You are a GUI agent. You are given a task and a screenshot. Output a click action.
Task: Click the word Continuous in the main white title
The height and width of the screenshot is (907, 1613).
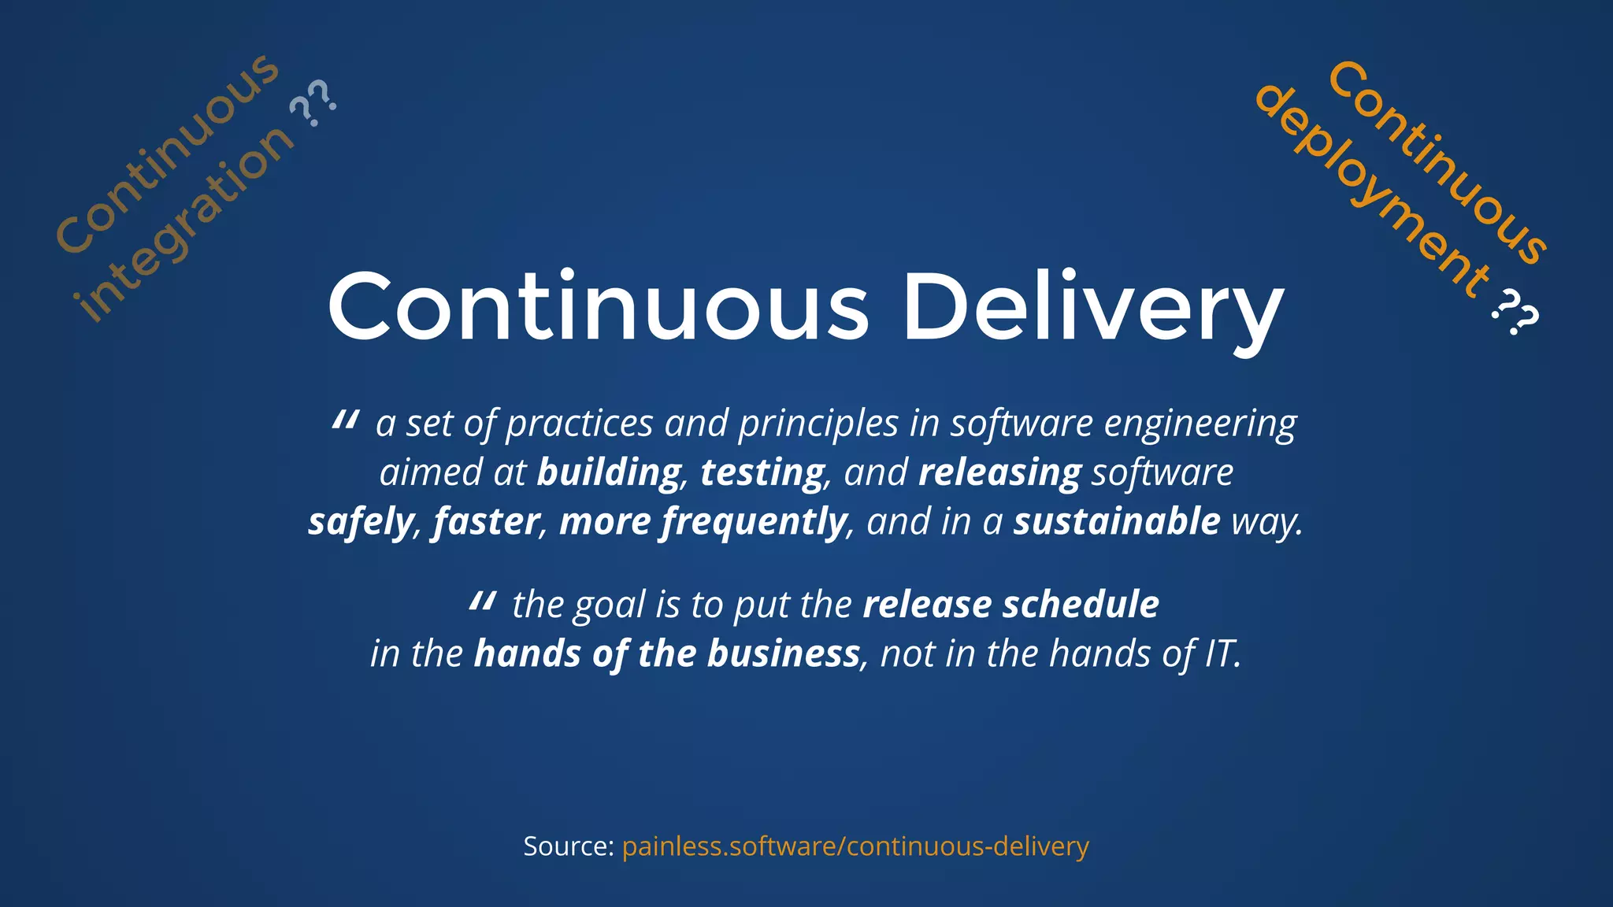click(x=599, y=307)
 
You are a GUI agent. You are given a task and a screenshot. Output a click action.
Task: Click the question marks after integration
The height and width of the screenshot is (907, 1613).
click(x=313, y=103)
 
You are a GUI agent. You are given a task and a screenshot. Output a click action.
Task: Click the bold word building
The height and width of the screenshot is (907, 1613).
click(x=609, y=472)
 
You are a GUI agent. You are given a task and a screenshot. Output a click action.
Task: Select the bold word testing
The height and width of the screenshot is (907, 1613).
click(x=762, y=472)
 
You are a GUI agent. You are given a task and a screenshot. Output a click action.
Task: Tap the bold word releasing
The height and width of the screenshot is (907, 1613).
click(x=999, y=472)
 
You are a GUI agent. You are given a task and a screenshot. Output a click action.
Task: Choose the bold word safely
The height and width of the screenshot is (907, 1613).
click(x=360, y=522)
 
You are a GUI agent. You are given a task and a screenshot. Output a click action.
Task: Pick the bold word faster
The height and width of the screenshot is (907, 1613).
click(x=486, y=522)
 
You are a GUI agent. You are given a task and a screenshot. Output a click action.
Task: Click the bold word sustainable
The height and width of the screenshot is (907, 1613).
click(x=1116, y=522)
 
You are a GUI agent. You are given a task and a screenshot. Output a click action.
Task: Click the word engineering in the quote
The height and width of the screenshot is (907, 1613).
click(x=1200, y=424)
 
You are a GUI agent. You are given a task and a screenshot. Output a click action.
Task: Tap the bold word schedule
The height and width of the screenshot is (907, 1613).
click(x=1081, y=605)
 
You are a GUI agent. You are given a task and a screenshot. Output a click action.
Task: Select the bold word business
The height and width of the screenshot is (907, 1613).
click(x=783, y=654)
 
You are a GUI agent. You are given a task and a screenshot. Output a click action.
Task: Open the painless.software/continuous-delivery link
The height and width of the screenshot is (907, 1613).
click(x=855, y=846)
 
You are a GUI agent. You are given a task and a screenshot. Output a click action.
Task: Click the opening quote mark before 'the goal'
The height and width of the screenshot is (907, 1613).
click(x=481, y=602)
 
